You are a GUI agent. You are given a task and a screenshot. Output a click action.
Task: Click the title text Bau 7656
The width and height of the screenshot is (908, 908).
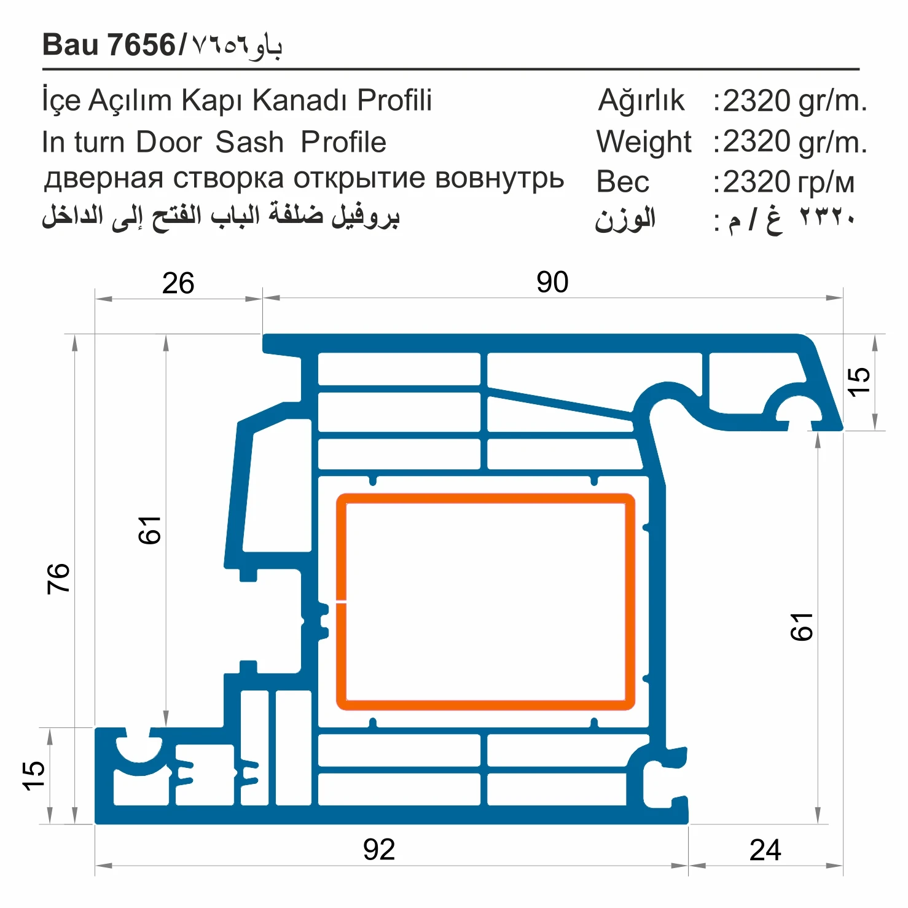click(109, 45)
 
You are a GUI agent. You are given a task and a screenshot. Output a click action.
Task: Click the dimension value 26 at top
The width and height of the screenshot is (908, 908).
click(178, 283)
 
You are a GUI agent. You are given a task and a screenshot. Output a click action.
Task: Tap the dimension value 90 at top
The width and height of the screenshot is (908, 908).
click(552, 282)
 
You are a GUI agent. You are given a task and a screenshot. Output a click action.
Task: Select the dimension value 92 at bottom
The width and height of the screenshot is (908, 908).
click(378, 850)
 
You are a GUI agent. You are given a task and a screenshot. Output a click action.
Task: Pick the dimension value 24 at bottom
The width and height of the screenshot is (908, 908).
click(765, 850)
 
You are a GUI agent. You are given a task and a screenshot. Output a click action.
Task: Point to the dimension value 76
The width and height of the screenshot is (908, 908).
click(58, 577)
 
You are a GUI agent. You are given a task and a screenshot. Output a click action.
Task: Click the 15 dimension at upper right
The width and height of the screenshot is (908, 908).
click(858, 382)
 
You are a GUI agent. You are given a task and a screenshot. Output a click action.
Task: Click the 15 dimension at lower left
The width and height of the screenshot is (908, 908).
click(33, 775)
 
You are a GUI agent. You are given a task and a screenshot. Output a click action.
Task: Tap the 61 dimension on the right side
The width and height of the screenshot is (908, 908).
click(802, 627)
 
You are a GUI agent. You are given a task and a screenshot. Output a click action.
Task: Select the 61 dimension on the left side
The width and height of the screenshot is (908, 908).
click(149, 530)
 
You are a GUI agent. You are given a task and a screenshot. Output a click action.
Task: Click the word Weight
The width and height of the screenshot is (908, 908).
click(643, 142)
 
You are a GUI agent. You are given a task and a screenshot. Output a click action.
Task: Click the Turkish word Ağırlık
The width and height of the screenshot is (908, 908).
click(641, 100)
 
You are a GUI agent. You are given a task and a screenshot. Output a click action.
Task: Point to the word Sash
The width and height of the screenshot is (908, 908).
click(249, 142)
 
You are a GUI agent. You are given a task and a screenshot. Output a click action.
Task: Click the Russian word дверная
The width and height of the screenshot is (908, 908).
click(103, 179)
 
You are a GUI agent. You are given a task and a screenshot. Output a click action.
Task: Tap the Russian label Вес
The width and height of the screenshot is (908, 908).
click(622, 182)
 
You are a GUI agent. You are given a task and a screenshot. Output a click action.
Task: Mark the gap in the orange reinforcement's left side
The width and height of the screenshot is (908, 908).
click(341, 601)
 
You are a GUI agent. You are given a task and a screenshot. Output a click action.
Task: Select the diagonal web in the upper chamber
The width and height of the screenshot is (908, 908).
click(559, 404)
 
